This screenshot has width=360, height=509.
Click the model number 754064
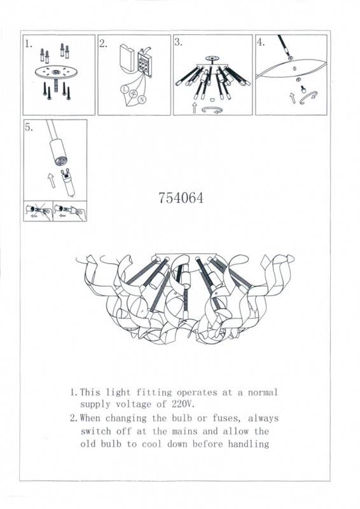[x=180, y=198]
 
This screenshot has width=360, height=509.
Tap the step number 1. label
[x=29, y=45]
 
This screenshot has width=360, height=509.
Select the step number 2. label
[x=104, y=45]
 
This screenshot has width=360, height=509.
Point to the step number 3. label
[x=179, y=43]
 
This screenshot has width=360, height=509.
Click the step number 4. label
[x=261, y=43]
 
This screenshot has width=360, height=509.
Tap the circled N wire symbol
[x=142, y=100]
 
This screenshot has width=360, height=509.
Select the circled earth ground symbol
[x=133, y=95]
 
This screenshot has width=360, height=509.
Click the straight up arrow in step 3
[x=193, y=107]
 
